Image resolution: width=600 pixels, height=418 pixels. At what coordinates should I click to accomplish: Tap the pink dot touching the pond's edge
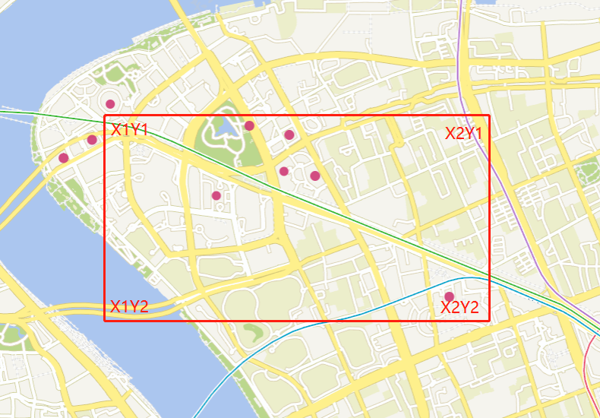click(x=249, y=125)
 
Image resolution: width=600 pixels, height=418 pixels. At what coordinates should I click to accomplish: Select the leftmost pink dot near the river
click(x=63, y=158)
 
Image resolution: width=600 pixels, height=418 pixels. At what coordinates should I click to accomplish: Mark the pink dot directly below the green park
click(x=216, y=195)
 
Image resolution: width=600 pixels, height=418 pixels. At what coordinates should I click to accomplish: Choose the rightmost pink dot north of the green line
click(x=315, y=176)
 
